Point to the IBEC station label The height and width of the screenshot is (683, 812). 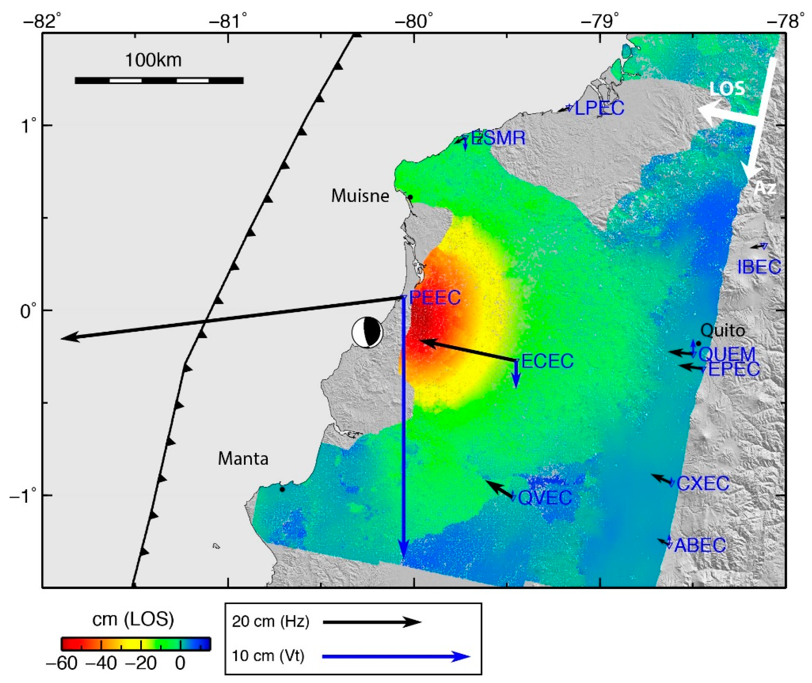759,267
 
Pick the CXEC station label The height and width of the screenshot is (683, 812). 703,484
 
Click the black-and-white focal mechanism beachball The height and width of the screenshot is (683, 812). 367,332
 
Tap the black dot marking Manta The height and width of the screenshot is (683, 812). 282,489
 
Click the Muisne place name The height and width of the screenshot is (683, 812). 360,196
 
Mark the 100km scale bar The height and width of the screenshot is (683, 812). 159,80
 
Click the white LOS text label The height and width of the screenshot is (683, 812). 727,89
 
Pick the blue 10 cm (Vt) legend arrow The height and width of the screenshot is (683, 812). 396,656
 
